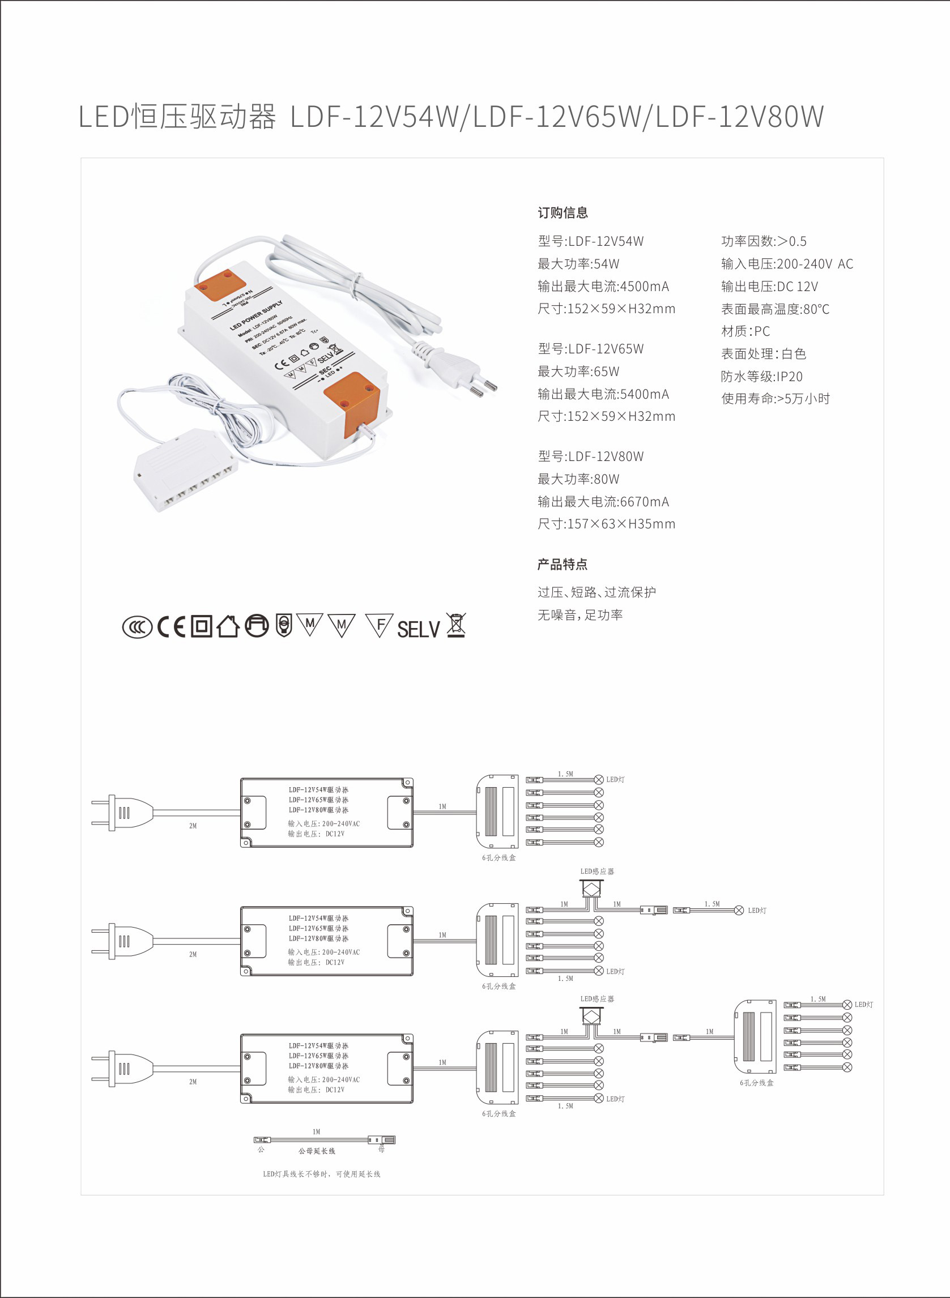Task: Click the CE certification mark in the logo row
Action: pos(172,626)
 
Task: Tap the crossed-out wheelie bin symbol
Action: pos(456,625)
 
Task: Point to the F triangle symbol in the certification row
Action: pos(379,625)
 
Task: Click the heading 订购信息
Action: pos(563,213)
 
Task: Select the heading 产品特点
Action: pos(563,565)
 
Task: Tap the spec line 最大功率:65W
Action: pos(578,372)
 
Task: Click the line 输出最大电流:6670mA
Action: pos(603,502)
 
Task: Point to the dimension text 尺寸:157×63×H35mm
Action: pos(606,524)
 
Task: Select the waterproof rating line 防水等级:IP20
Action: pos(761,377)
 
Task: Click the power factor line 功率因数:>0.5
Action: pos(764,241)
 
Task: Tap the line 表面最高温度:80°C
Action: pos(775,309)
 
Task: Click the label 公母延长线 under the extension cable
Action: pos(316,1151)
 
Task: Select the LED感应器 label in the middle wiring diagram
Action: pos(597,872)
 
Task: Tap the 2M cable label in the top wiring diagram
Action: pos(193,826)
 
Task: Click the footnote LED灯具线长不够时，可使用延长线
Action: pos(321,1174)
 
